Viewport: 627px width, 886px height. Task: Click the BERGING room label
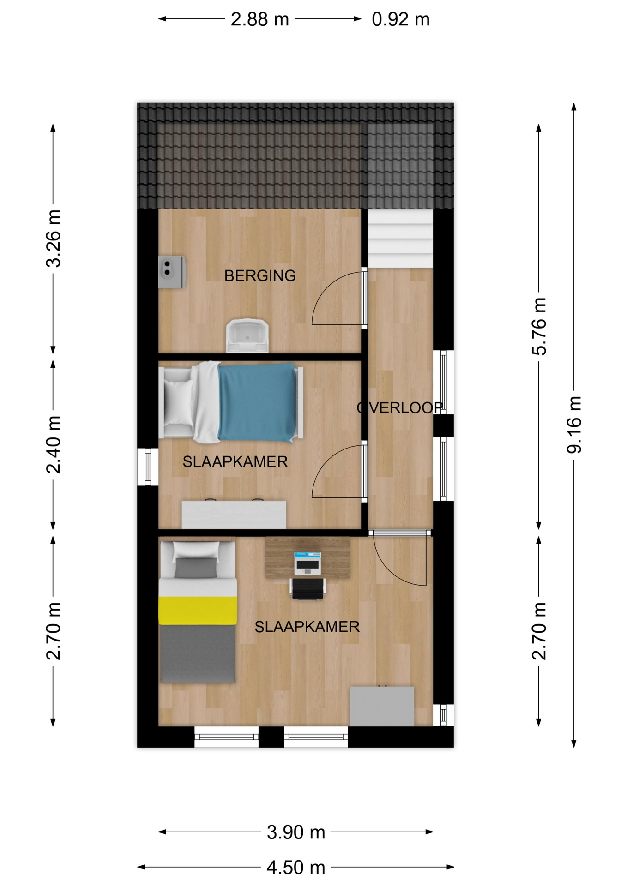[260, 276]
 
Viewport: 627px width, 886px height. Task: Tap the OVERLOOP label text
[400, 407]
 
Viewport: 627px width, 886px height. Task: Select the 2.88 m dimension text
[260, 19]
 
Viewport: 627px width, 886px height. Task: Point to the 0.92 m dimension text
[401, 19]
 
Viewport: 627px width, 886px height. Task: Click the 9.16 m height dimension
[574, 425]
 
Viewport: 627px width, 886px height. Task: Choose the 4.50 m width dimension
[296, 868]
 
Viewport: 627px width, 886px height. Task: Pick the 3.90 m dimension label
[296, 832]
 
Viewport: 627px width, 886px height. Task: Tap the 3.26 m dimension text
[54, 239]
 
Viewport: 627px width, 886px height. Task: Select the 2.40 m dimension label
[54, 444]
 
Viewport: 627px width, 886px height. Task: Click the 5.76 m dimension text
[539, 326]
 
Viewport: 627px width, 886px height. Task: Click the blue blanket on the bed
[257, 402]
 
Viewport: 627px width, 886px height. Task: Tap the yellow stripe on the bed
[198, 611]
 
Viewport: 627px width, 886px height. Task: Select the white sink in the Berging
[247, 335]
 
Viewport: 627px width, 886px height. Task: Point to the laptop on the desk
[307, 563]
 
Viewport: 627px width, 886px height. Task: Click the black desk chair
[308, 589]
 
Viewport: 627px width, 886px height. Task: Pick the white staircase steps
[400, 238]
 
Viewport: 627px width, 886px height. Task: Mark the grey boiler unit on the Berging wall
[172, 272]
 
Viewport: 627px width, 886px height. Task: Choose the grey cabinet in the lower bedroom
[382, 706]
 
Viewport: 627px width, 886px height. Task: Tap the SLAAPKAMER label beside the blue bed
[235, 462]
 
